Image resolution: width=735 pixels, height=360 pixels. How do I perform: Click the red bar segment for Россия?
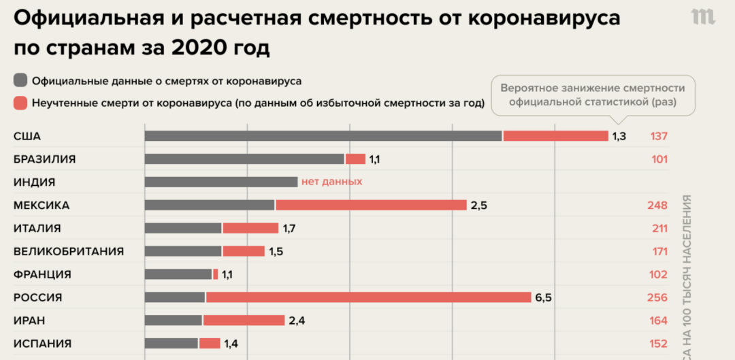tap(368, 297)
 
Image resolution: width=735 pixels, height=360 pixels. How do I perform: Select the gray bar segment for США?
tap(323, 136)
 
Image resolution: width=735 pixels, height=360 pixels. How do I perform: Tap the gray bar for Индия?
tap(221, 182)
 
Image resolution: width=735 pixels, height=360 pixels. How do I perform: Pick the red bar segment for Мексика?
tap(371, 205)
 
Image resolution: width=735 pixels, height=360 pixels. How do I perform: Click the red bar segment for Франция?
tap(216, 274)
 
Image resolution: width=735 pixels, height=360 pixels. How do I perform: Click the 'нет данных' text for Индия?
tap(332, 182)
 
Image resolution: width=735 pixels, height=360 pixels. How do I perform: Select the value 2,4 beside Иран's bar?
tap(297, 321)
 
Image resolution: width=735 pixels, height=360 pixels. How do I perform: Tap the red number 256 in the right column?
tap(659, 297)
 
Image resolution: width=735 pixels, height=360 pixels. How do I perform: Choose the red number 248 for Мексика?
tap(659, 205)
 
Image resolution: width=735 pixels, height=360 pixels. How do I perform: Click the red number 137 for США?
tap(659, 136)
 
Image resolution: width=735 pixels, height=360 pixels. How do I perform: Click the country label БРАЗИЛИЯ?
tap(44, 159)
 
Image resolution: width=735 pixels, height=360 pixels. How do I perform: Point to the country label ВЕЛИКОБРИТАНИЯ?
tap(69, 251)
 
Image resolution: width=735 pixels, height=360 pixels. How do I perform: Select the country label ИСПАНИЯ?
tap(42, 344)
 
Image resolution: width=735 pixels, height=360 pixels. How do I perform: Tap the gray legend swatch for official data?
tap(20, 80)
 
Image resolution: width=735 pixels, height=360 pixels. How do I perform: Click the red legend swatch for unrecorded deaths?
tap(20, 103)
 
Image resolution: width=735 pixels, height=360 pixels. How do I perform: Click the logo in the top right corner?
tap(704, 18)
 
